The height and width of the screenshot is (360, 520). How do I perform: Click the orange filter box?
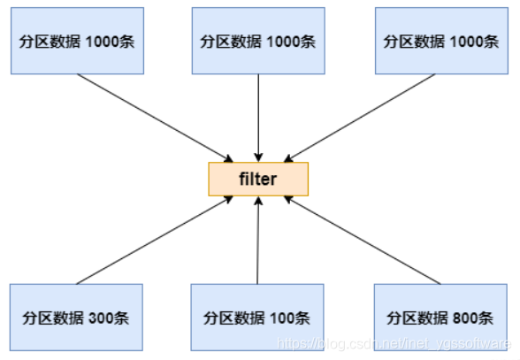257,179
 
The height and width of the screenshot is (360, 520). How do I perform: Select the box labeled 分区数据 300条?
76,317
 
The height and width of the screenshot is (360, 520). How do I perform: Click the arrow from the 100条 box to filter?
257,243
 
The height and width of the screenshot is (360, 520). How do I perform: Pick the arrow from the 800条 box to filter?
363,241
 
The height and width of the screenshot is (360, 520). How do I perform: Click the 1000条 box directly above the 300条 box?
76,41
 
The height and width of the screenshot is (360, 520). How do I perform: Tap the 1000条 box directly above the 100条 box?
257,41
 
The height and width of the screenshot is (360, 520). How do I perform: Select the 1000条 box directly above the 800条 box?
440,41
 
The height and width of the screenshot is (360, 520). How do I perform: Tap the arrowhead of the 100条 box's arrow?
258,201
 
